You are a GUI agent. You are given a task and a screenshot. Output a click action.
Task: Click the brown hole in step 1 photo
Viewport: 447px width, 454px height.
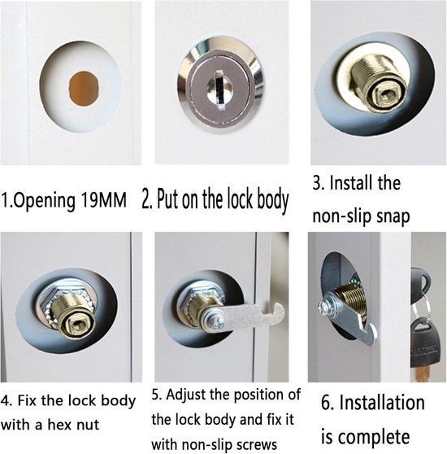click(x=83, y=89)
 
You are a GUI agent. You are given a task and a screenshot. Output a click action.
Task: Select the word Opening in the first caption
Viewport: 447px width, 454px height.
click(x=44, y=201)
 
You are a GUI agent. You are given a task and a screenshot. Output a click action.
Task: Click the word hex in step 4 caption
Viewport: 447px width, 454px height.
click(x=59, y=425)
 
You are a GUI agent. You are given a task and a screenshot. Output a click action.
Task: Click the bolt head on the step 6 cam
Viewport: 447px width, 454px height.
click(x=325, y=308)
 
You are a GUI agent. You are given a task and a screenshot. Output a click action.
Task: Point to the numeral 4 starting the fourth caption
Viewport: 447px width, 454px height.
click(x=5, y=401)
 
